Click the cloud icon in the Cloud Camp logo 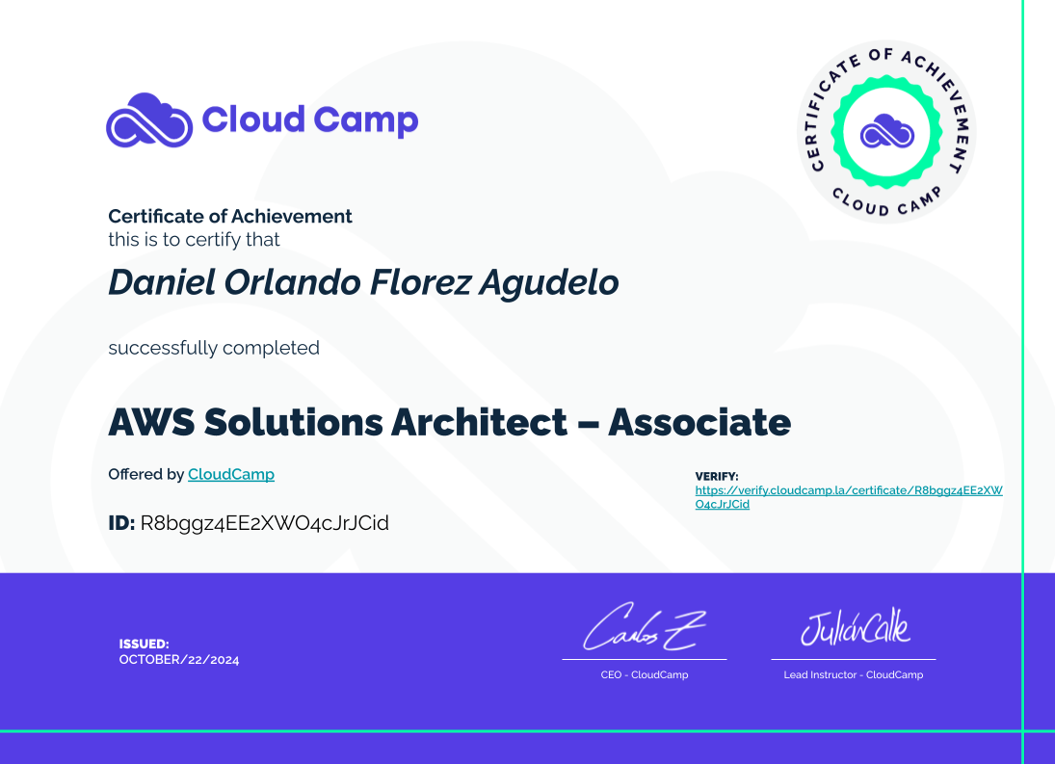[149, 120]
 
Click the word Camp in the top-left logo [365, 121]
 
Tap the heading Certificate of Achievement [230, 216]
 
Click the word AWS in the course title [151, 422]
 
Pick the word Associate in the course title [699, 422]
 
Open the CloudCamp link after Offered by [231, 474]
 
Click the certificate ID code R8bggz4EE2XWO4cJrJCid [264, 523]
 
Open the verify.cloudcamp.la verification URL [849, 497]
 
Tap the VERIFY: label [717, 476]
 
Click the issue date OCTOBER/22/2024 [179, 660]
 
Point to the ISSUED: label [144, 644]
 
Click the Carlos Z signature [644, 627]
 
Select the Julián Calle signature [856, 627]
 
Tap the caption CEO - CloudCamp [645, 674]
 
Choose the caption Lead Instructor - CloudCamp [853, 674]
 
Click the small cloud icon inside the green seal [886, 131]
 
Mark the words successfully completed [214, 349]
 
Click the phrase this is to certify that [194, 240]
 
